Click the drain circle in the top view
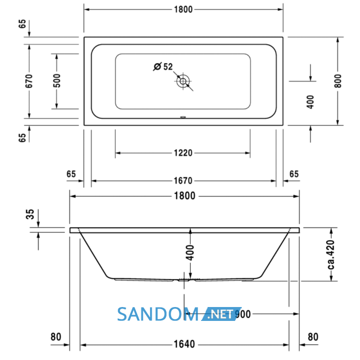tap(183, 81)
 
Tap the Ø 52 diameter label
tap(163, 66)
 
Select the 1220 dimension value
tap(183, 153)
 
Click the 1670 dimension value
tap(183, 181)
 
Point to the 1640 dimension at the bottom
tap(184, 344)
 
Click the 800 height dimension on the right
tap(338, 81)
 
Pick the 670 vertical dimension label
tap(29, 81)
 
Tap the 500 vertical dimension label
tap(57, 81)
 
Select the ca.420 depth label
tap(331, 255)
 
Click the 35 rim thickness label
tap(30, 214)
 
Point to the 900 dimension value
tap(243, 314)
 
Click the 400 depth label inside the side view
tap(190, 253)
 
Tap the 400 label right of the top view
tap(310, 102)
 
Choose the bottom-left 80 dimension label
tap(56, 337)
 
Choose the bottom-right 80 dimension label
tap(313, 337)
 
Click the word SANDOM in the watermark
tap(158, 314)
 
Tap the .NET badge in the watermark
tap(221, 314)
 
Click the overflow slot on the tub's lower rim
tap(183, 117)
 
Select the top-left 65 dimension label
tap(22, 24)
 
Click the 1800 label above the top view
tap(183, 9)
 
